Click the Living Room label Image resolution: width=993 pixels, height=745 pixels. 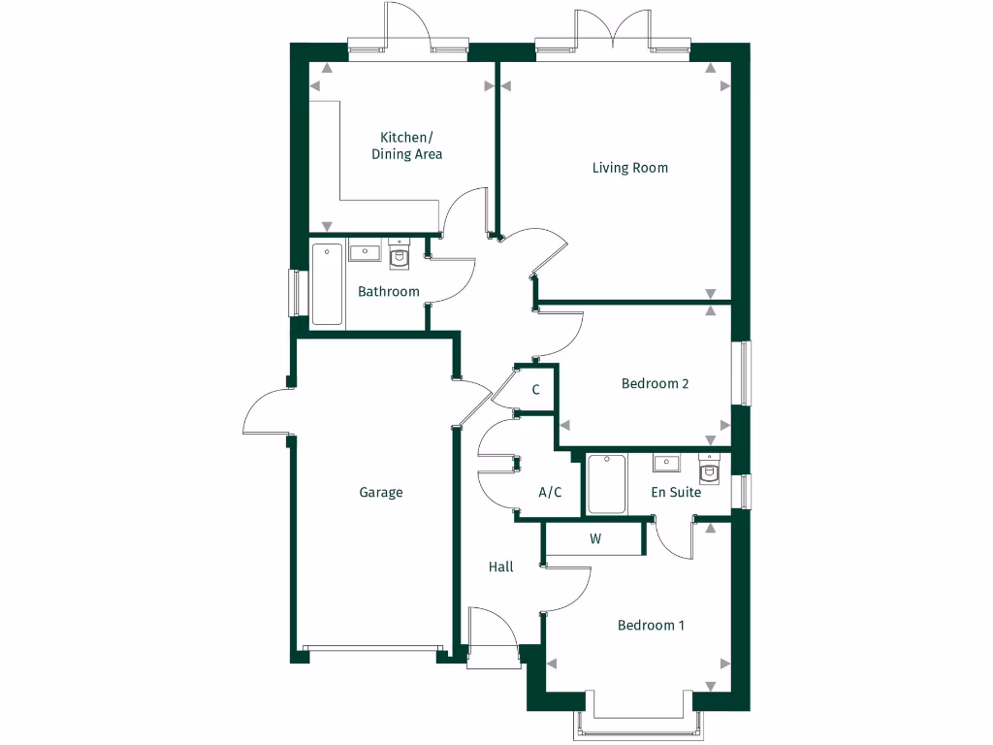(630, 168)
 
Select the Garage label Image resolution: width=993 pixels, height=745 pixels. (381, 493)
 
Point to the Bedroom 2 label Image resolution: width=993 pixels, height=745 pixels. (655, 383)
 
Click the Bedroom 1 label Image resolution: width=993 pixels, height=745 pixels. (651, 625)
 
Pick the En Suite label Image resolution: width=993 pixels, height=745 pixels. (676, 493)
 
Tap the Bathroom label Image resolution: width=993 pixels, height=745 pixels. (389, 291)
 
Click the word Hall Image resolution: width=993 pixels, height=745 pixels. (501, 567)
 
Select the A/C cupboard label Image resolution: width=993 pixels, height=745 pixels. (550, 493)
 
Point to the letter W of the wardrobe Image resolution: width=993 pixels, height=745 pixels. (595, 539)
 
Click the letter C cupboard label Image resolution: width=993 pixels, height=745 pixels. (535, 390)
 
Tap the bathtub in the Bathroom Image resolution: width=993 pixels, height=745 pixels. (327, 285)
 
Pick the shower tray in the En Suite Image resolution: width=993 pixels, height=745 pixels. (607, 484)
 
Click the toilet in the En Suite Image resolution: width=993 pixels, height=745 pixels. (710, 469)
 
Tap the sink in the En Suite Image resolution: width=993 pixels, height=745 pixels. (665, 463)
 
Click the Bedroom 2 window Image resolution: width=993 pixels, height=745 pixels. (744, 373)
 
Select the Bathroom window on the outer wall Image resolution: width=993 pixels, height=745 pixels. (292, 291)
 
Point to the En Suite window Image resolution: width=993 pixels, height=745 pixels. (744, 491)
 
